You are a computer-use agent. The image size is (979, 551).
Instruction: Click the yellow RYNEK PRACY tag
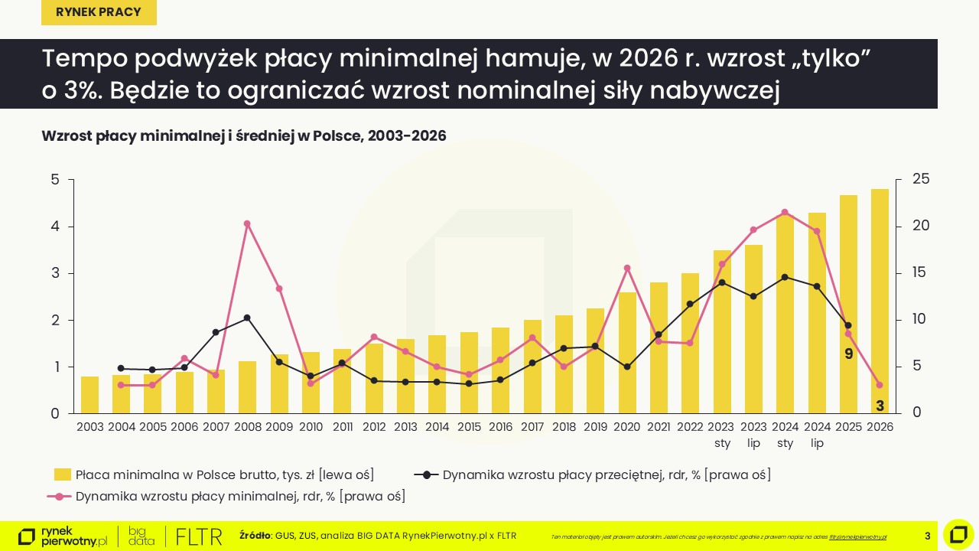click(99, 12)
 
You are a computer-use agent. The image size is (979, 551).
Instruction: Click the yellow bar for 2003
click(89, 395)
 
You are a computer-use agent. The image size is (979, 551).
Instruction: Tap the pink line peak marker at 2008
click(247, 223)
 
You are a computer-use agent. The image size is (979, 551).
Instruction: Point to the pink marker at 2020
click(627, 268)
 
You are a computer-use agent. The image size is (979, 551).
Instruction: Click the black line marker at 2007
click(216, 332)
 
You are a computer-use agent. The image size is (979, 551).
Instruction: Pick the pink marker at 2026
click(880, 385)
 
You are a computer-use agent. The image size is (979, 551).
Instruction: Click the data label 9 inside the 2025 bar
click(848, 354)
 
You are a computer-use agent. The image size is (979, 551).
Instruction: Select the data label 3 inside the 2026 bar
click(880, 406)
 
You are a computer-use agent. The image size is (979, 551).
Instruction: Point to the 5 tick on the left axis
click(54, 180)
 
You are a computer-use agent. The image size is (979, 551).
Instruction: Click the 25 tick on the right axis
click(922, 179)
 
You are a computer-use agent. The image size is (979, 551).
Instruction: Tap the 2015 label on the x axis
click(469, 427)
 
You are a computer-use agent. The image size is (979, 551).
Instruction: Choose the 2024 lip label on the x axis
click(817, 435)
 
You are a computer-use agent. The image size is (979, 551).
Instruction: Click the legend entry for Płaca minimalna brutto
click(214, 474)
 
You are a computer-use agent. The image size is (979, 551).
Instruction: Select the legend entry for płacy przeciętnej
click(593, 474)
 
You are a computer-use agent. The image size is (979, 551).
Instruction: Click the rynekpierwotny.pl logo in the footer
click(63, 536)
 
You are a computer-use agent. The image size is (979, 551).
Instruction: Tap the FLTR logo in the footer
click(199, 536)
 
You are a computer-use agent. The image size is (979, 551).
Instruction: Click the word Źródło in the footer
click(255, 536)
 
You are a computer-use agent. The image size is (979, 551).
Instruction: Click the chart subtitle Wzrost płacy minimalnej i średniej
click(244, 135)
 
